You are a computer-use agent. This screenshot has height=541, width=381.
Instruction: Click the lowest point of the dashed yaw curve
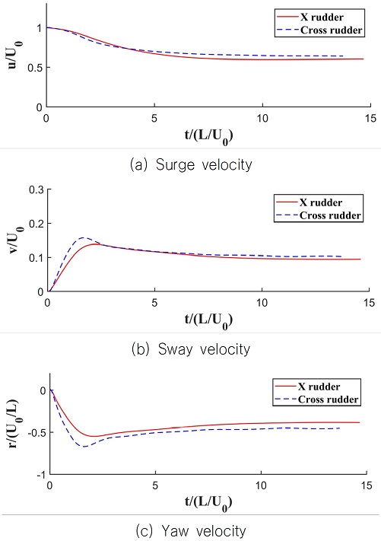(84, 446)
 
